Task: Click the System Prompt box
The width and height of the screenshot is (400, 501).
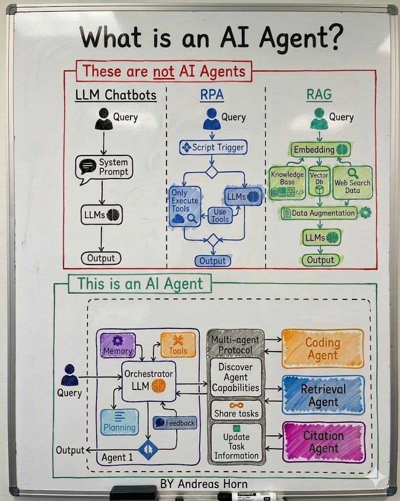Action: [x=104, y=167]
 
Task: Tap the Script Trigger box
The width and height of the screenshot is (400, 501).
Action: [x=212, y=147]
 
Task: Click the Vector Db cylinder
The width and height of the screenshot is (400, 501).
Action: [x=319, y=183]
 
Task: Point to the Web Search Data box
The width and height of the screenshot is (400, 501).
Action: [x=352, y=183]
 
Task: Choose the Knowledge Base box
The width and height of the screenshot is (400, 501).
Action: [x=287, y=183]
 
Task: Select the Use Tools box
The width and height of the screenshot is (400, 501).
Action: [x=220, y=215]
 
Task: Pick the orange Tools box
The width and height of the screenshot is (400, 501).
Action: [x=178, y=345]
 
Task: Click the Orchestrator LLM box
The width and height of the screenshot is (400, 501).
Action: [x=148, y=380]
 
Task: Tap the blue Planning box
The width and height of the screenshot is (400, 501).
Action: [x=119, y=422]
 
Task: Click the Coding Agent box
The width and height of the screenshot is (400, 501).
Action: [x=323, y=348]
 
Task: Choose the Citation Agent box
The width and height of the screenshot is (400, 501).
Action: [x=324, y=442]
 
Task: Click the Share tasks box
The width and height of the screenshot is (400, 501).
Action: [x=236, y=410]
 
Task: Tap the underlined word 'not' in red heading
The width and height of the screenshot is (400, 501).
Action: [x=164, y=72]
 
